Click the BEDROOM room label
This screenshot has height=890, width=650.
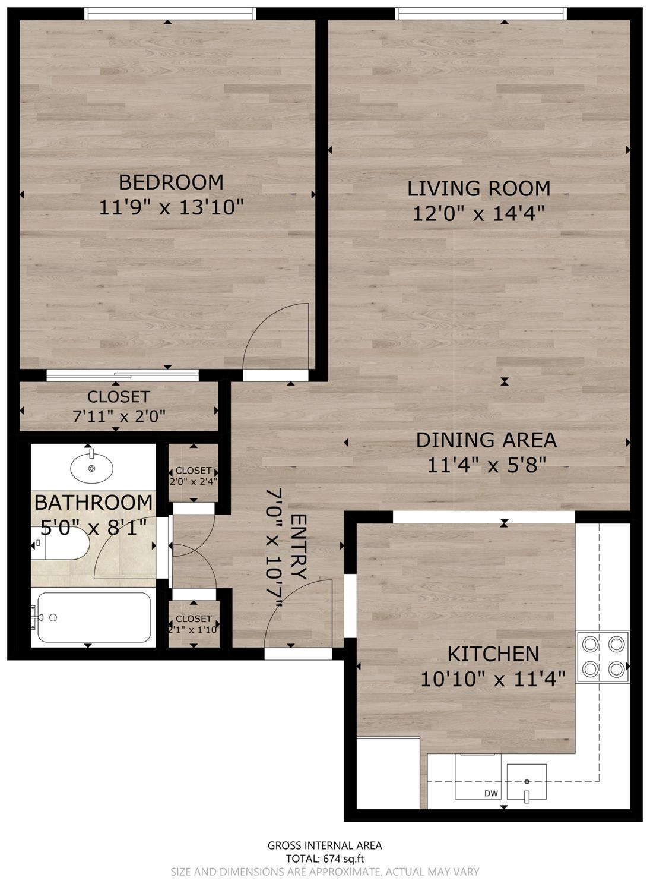pos(171,182)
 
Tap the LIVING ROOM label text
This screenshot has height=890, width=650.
pos(478,188)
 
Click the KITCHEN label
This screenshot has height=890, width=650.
pos(493,654)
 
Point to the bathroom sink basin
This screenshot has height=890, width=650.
pos(91,468)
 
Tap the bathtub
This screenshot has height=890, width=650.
pos(93,617)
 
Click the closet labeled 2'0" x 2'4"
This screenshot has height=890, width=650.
pos(194,476)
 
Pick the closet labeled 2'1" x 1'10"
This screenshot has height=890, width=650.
pos(194,624)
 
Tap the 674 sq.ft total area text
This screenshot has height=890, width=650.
pos(325,858)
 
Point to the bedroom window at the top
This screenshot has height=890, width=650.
pos(170,13)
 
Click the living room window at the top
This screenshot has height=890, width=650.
pos(481,13)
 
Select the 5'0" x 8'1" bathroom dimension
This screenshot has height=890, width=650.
pos(94,526)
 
